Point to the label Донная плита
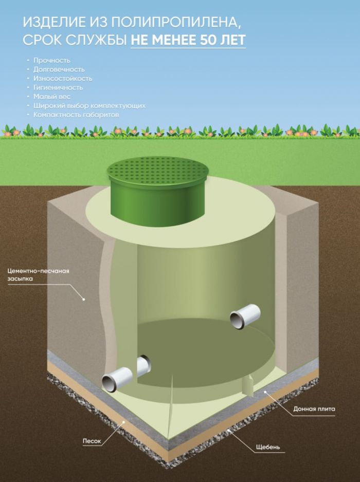pos(314,410)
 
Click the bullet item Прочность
pos(51,60)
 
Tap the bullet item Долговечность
pos(59,69)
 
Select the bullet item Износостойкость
pos(62,79)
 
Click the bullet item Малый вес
pos(51,97)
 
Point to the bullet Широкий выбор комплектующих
pos(89,106)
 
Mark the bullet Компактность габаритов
pos(76,115)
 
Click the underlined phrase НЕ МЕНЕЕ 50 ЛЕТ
pos(188,40)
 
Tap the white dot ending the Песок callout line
pos(124,423)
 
